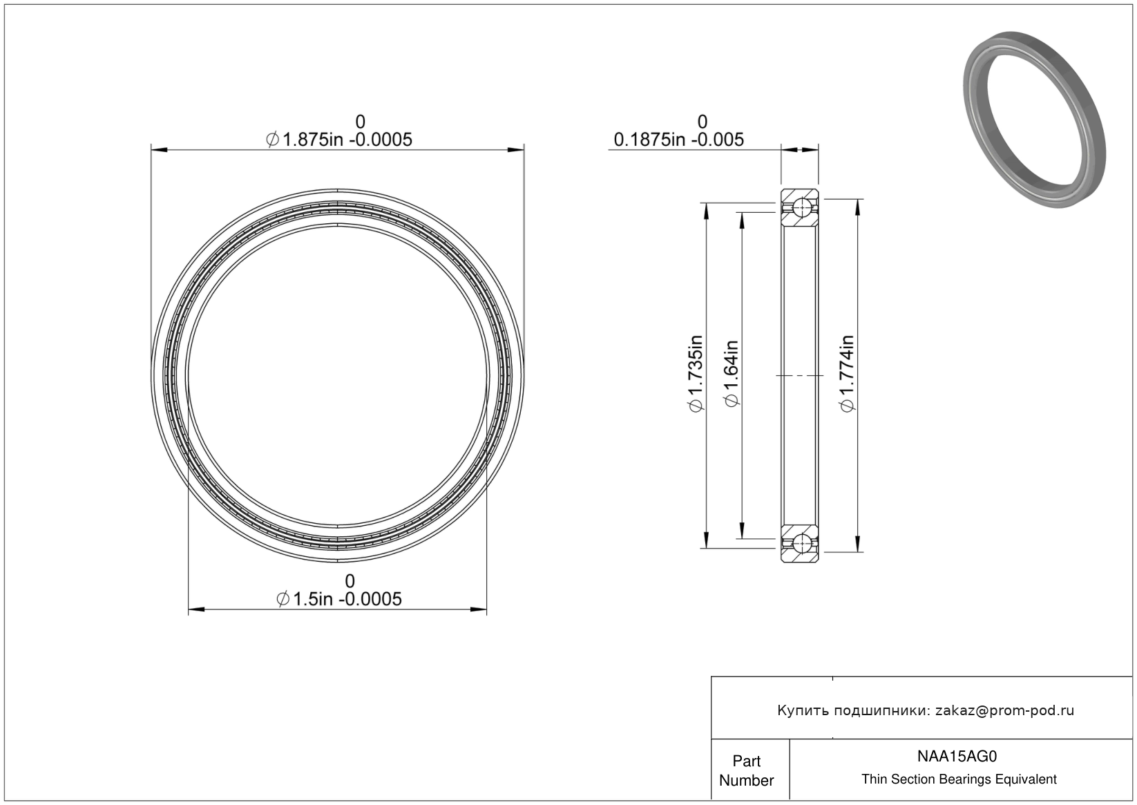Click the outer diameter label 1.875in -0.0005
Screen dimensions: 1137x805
[347, 139]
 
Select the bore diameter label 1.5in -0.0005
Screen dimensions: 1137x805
[347, 599]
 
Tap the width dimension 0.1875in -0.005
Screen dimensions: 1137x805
[678, 139]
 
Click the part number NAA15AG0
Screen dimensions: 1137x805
[957, 757]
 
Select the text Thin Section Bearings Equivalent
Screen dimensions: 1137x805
[959, 779]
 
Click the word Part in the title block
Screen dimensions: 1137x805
[746, 761]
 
